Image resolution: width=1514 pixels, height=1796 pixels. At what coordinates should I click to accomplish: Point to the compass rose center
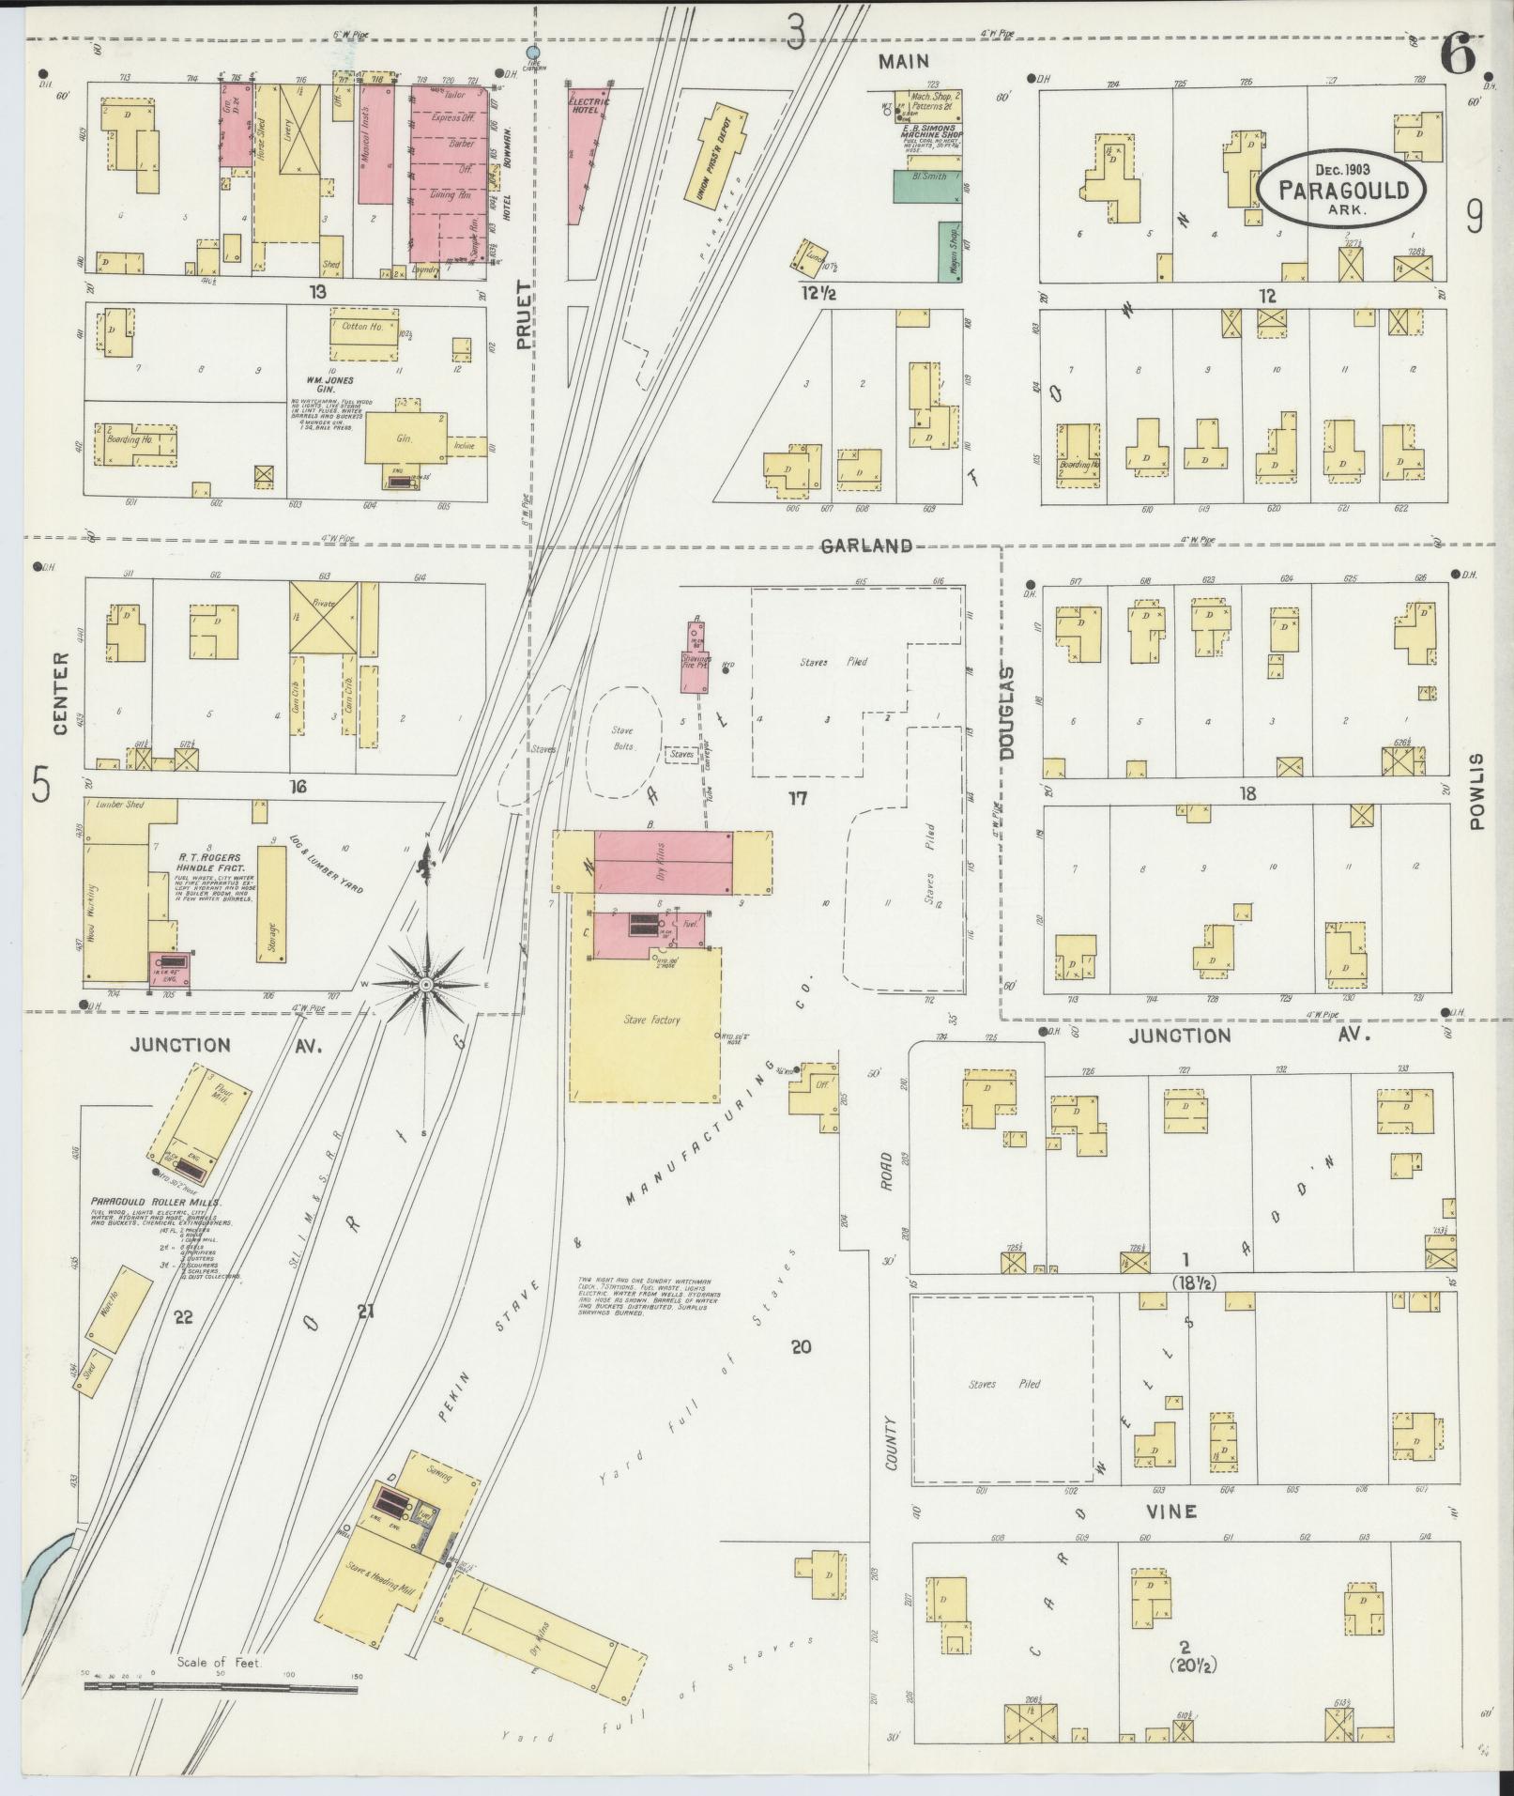[425, 984]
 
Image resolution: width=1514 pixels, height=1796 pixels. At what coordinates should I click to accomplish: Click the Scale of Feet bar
[221, 1688]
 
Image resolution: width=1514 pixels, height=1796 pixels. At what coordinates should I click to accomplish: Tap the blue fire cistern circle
[533, 53]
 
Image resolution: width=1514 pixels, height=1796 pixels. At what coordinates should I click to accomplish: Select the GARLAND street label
[866, 545]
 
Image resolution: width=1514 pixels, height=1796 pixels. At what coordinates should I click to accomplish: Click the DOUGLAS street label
[1008, 712]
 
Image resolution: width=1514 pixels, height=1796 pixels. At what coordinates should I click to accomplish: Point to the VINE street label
[1170, 1511]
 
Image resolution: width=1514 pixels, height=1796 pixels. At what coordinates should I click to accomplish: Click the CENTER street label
[60, 693]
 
